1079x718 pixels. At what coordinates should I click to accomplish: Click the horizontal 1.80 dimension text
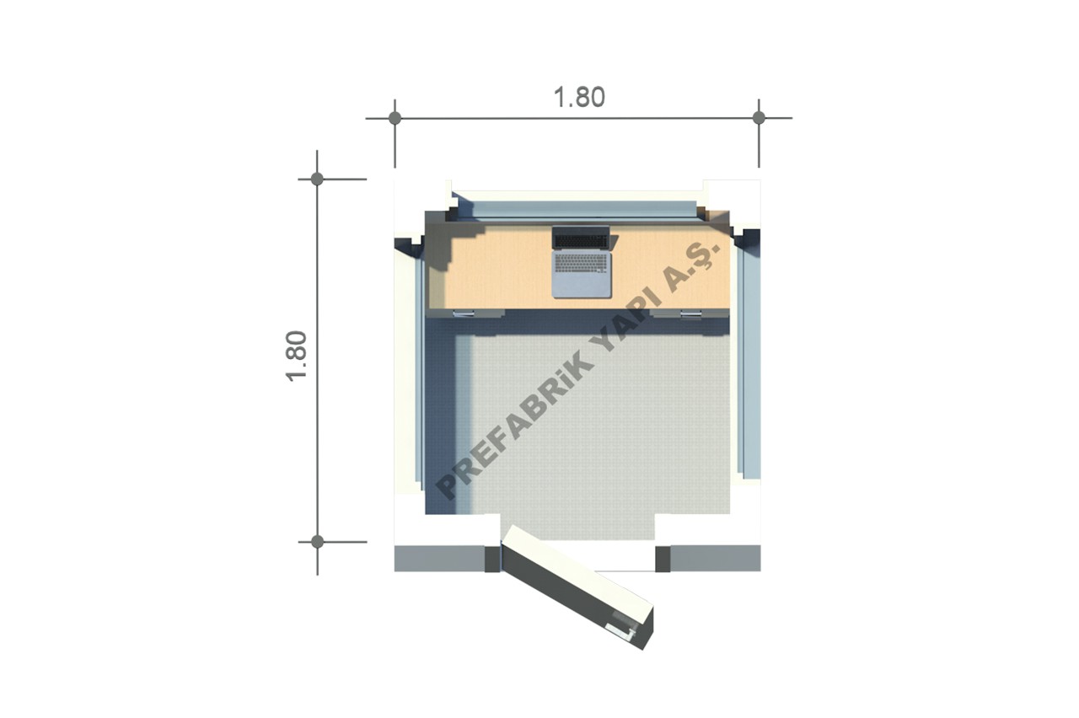[x=579, y=97]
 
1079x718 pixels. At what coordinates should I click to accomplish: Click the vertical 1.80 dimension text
[x=297, y=356]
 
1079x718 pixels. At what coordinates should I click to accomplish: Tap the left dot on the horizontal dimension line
[x=395, y=118]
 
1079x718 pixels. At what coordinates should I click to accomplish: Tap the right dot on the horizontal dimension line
[x=759, y=117]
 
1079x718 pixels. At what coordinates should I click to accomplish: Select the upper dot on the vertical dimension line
[x=317, y=179]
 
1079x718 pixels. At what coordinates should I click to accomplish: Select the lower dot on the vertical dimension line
[x=317, y=542]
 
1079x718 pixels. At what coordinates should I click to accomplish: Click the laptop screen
[x=581, y=238]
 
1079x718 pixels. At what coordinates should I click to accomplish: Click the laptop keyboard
[x=581, y=262]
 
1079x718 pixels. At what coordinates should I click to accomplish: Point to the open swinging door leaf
[x=578, y=587]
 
